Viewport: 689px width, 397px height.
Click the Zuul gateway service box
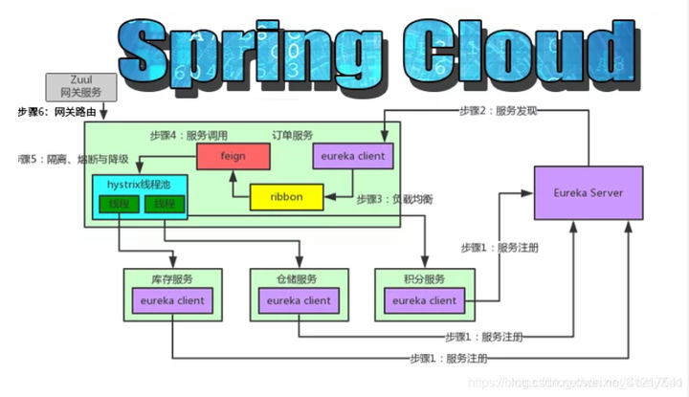pos(80,86)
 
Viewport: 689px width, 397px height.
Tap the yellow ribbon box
pos(287,197)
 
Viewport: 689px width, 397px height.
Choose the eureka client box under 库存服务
pos(172,300)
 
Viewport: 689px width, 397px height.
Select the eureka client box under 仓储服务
pos(299,300)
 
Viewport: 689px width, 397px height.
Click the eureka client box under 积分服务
pos(424,300)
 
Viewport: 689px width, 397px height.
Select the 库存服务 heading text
pos(172,279)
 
